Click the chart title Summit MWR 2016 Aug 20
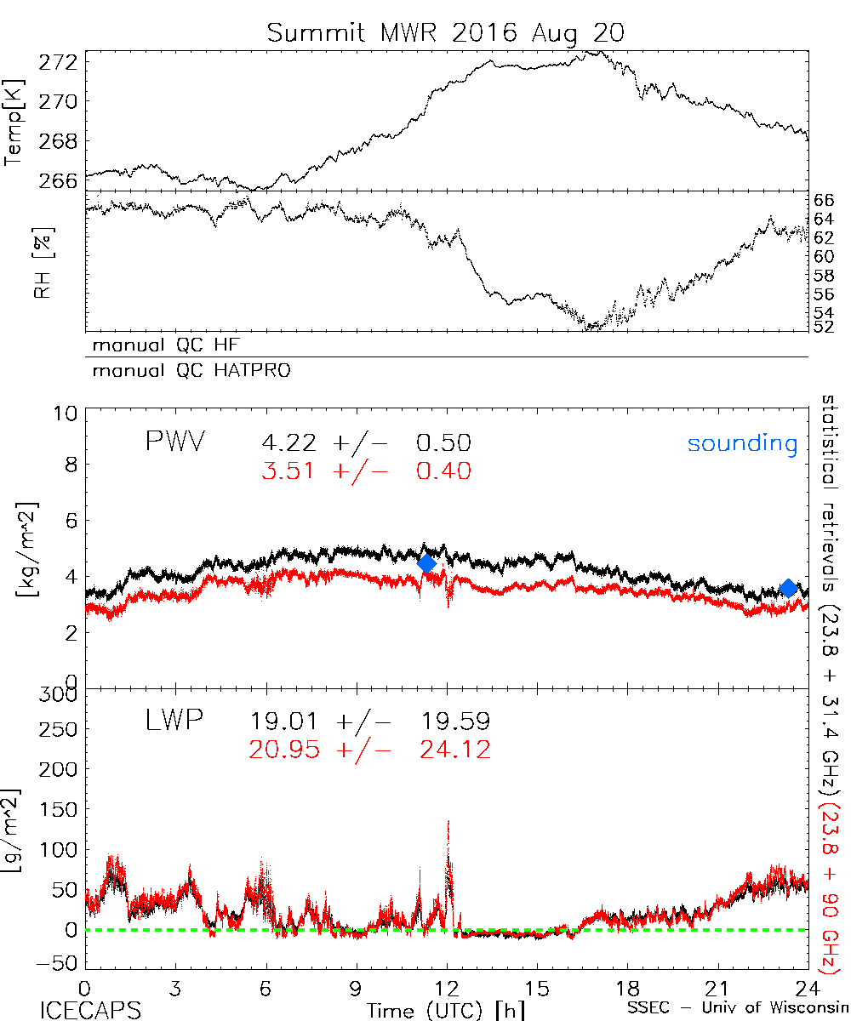(446, 33)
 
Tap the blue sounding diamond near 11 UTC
(426, 563)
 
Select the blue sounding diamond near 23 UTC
(788, 588)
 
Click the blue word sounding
(742, 443)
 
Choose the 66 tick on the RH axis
(825, 201)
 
